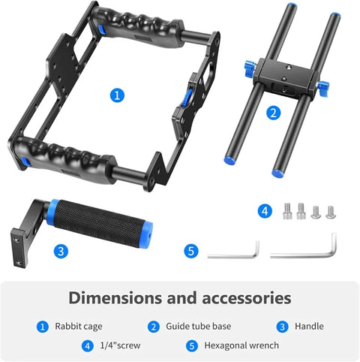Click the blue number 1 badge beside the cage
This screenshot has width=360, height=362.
116,95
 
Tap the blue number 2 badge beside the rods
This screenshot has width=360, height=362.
273,113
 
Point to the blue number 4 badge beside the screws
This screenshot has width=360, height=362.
264,212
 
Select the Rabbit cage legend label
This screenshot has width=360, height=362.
78,326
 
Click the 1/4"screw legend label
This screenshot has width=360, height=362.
121,345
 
